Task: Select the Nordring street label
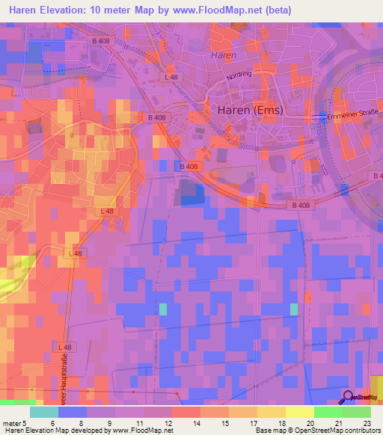[239, 74]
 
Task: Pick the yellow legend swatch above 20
[299, 412]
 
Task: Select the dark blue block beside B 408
[193, 193]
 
